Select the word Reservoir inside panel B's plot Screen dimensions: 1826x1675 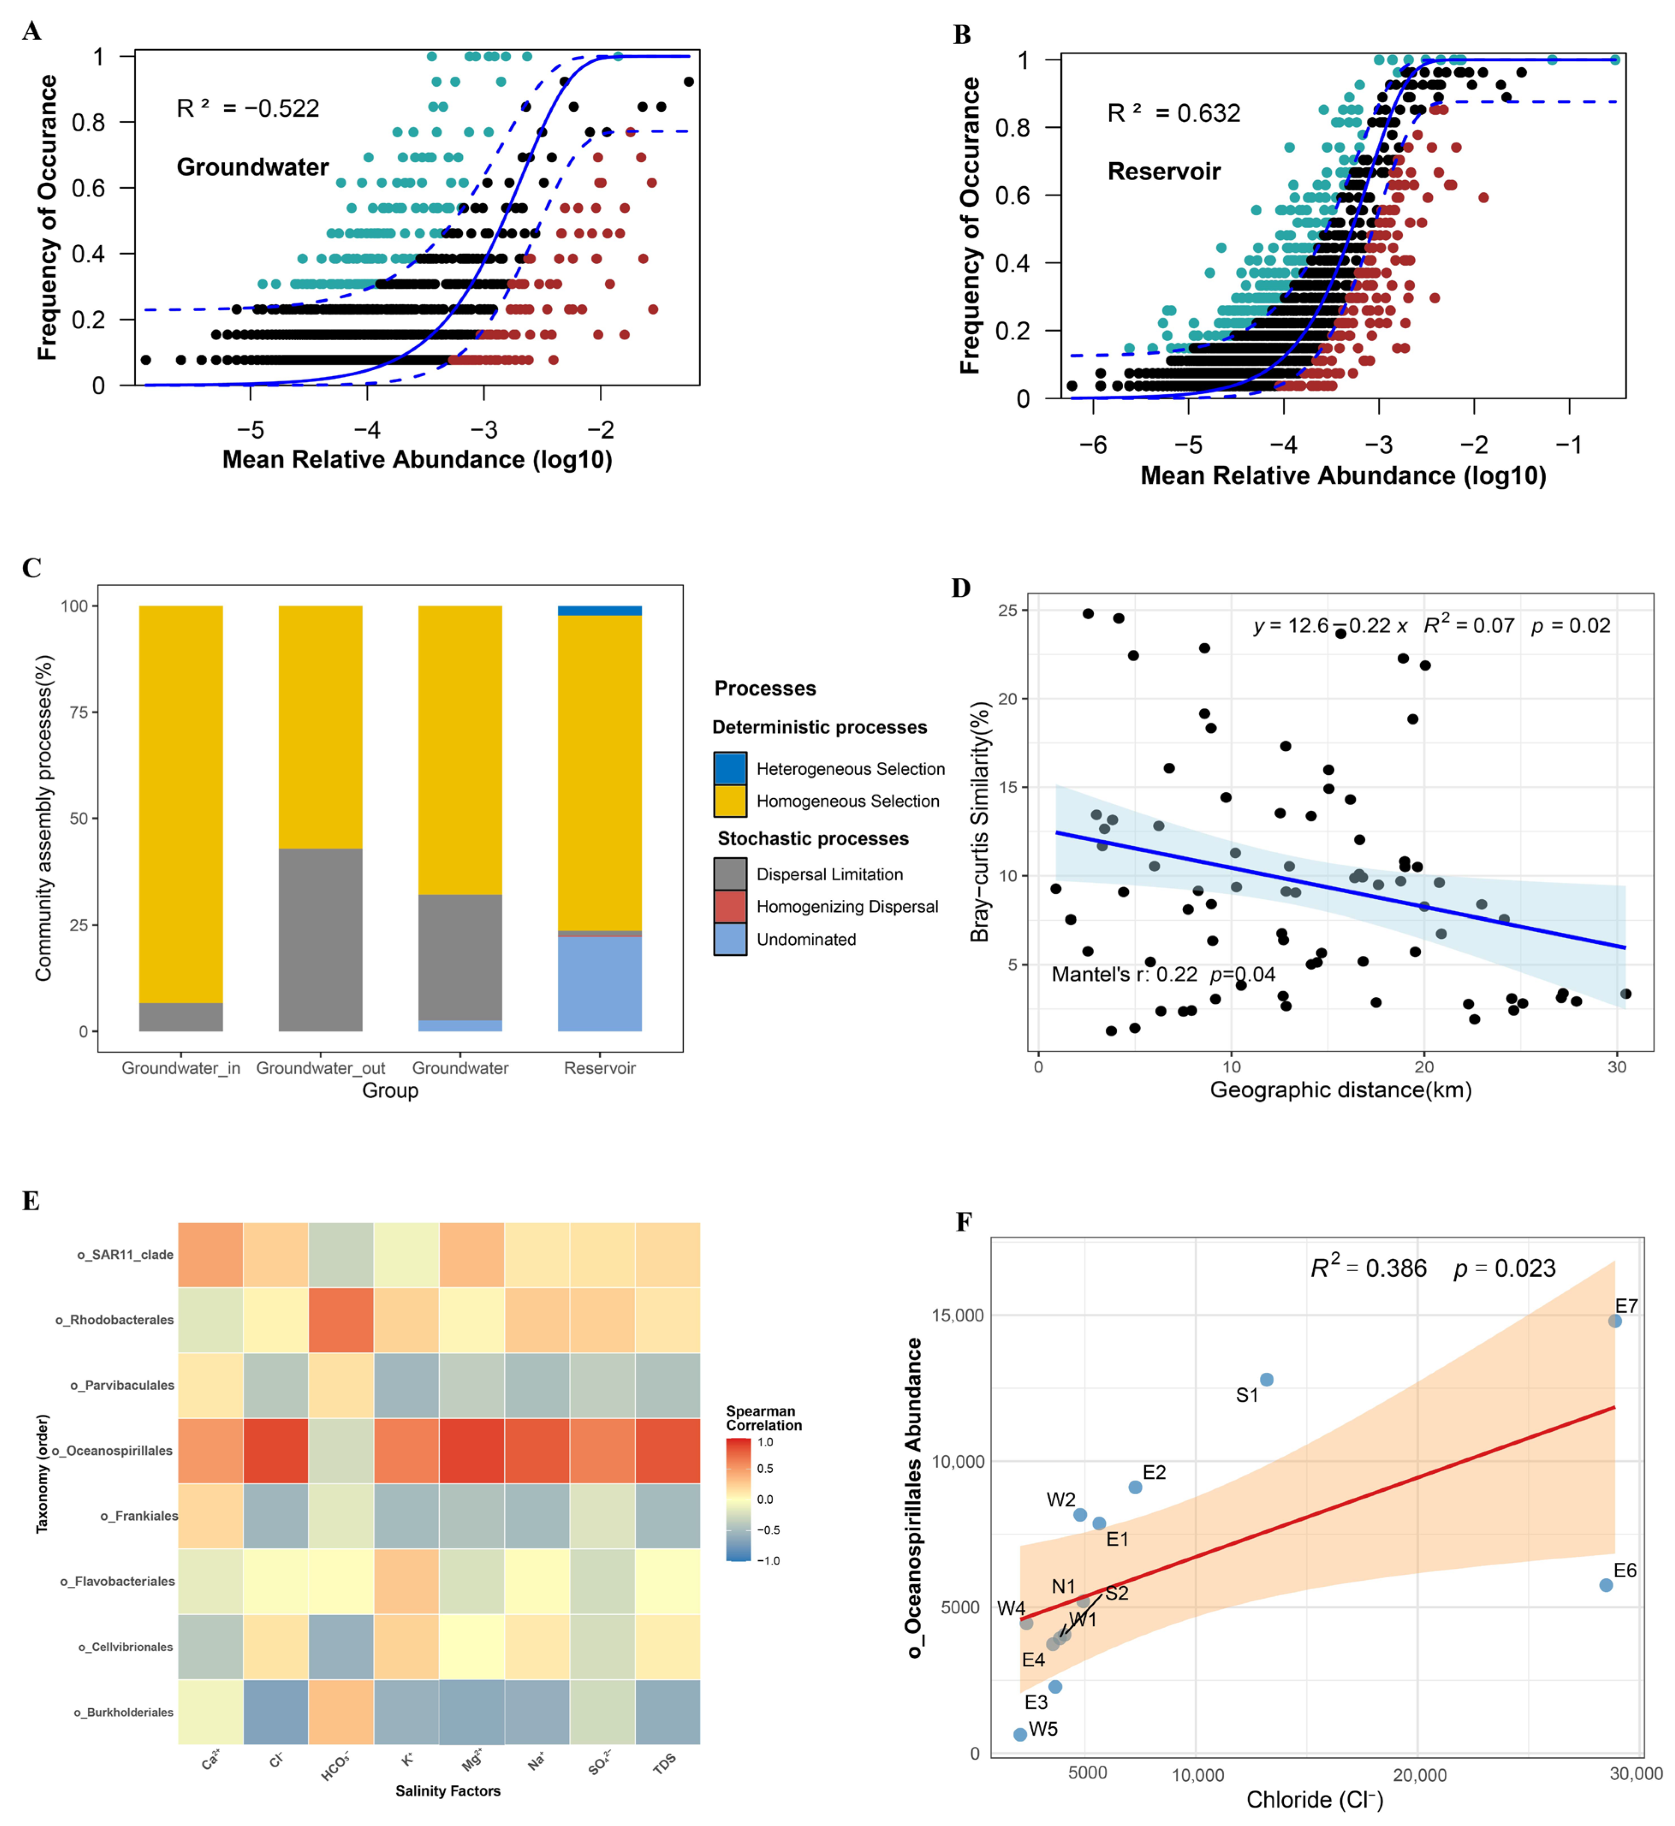pos(1164,171)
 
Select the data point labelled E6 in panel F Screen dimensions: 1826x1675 pos(1605,1585)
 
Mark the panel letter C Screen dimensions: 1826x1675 pos(32,568)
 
